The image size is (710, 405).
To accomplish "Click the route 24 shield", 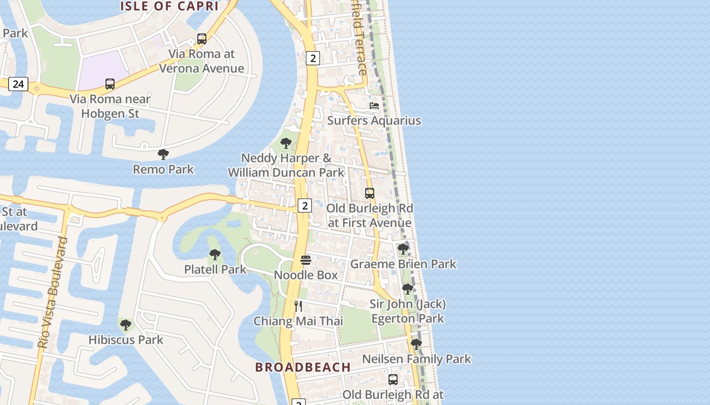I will point(18,84).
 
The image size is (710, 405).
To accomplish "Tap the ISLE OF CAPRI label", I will point(169,6).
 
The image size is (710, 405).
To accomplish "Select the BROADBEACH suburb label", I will point(303,367).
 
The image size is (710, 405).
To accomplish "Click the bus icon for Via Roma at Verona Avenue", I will point(201,39).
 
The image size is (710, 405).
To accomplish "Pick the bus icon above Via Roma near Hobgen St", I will point(110,84).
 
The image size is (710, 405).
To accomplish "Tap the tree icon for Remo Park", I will point(163,154).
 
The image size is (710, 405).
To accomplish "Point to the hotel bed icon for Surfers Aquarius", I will point(374,106).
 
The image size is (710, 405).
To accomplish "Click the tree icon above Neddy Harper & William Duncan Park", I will point(286,143).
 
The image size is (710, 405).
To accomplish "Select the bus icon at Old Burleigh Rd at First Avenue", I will point(370,193).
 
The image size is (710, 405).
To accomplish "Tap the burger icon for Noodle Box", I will point(305,260).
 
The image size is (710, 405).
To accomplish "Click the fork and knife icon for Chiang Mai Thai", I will point(298,306).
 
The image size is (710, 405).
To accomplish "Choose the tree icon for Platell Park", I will point(215,255).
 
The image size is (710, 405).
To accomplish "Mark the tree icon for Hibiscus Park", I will point(126,325).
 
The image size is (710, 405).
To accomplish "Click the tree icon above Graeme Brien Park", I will point(403,249).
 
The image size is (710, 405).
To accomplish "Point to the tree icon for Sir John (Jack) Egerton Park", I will point(407,289).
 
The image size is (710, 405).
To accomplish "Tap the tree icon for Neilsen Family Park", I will point(416,344).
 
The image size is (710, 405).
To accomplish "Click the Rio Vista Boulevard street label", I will point(53,292).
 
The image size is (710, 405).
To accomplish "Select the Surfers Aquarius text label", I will point(374,120).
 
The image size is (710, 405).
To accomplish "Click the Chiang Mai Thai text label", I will point(298,321).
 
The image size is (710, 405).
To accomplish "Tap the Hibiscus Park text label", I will point(126,340).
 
